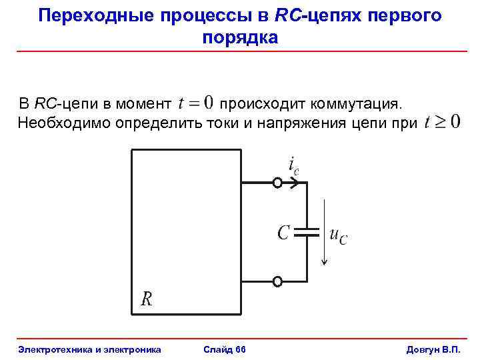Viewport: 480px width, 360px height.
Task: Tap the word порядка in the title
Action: click(239, 37)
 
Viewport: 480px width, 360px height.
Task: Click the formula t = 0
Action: click(197, 103)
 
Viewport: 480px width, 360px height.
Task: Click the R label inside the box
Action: click(147, 299)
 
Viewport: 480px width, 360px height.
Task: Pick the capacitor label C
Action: click(283, 233)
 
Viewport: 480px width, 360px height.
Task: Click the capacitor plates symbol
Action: click(308, 233)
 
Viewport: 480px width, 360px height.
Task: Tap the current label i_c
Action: click(293, 165)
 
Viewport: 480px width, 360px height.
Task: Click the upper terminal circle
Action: click(277, 182)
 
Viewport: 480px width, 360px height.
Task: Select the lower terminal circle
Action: click(277, 281)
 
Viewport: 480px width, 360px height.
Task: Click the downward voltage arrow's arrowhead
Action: click(323, 262)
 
